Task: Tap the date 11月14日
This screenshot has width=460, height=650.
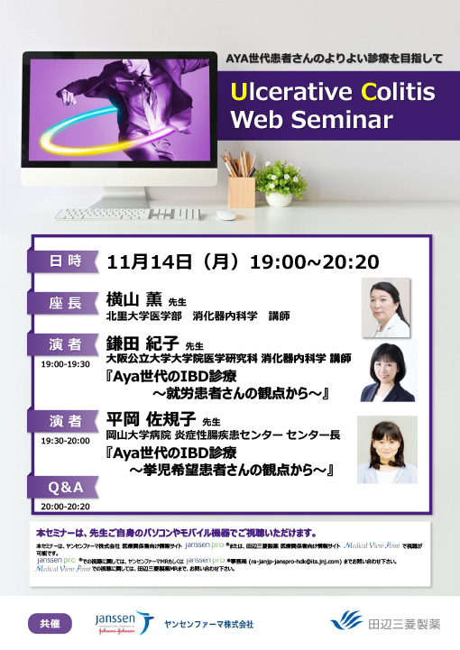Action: click(149, 262)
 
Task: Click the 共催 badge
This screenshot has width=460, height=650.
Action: click(50, 623)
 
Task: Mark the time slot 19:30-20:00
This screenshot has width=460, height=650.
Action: click(64, 440)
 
